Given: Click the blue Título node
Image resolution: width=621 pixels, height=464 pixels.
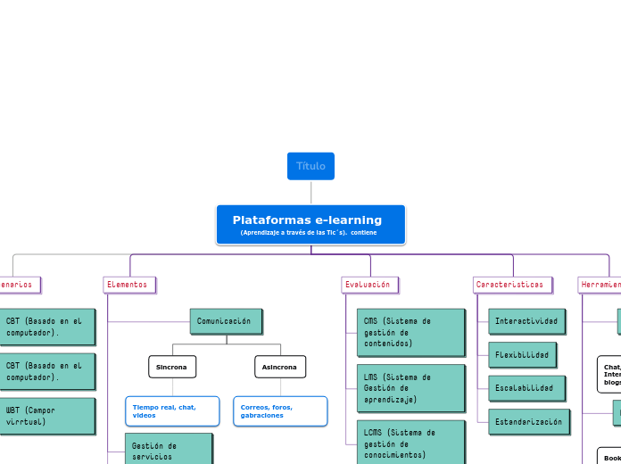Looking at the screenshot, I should (310, 166).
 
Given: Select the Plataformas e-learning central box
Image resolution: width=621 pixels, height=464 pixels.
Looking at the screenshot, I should (310, 225).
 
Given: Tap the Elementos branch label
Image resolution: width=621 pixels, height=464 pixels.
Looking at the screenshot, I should (129, 285).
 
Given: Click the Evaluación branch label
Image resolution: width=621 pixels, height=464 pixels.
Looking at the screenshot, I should (369, 285).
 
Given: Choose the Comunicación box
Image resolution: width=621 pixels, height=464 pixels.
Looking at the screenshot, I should (226, 321).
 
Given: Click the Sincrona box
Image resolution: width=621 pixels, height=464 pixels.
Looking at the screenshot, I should (172, 367).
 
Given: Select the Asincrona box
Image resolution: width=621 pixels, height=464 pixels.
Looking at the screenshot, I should (280, 367).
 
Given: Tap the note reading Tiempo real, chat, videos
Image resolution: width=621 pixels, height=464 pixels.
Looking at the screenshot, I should (172, 411).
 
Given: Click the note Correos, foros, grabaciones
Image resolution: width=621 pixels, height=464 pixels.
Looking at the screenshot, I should (280, 411).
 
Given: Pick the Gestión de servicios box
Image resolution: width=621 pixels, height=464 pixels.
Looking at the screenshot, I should (168, 449).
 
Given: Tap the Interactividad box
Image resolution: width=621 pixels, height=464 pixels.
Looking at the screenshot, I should (526, 321).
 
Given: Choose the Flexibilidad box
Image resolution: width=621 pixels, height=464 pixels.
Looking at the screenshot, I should (522, 354).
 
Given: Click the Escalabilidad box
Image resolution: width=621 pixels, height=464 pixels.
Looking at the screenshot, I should (525, 388).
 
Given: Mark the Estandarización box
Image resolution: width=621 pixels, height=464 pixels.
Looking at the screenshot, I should (528, 421).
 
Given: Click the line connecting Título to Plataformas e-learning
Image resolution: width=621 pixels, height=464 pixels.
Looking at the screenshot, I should (310, 192).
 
